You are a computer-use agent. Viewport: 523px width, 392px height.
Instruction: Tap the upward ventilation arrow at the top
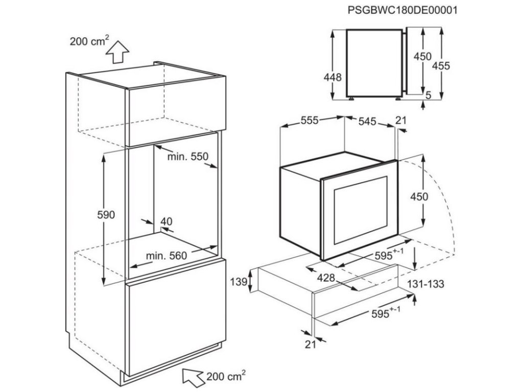point(118,50)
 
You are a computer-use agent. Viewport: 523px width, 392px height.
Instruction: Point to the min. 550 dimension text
point(188,157)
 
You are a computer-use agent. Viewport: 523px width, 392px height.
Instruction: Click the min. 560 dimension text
point(167,255)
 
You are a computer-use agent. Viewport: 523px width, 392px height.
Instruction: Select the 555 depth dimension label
point(309,120)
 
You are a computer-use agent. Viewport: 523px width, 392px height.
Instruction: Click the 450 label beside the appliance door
point(419,197)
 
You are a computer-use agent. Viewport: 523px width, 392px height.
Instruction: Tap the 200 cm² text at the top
point(86,42)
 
